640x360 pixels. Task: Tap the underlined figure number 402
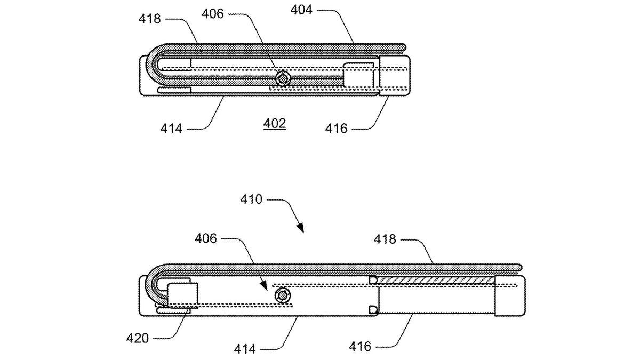coord(275,124)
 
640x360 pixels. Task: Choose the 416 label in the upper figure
coord(337,128)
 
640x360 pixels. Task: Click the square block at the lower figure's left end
coord(183,295)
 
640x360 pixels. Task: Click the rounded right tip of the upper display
coord(404,48)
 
